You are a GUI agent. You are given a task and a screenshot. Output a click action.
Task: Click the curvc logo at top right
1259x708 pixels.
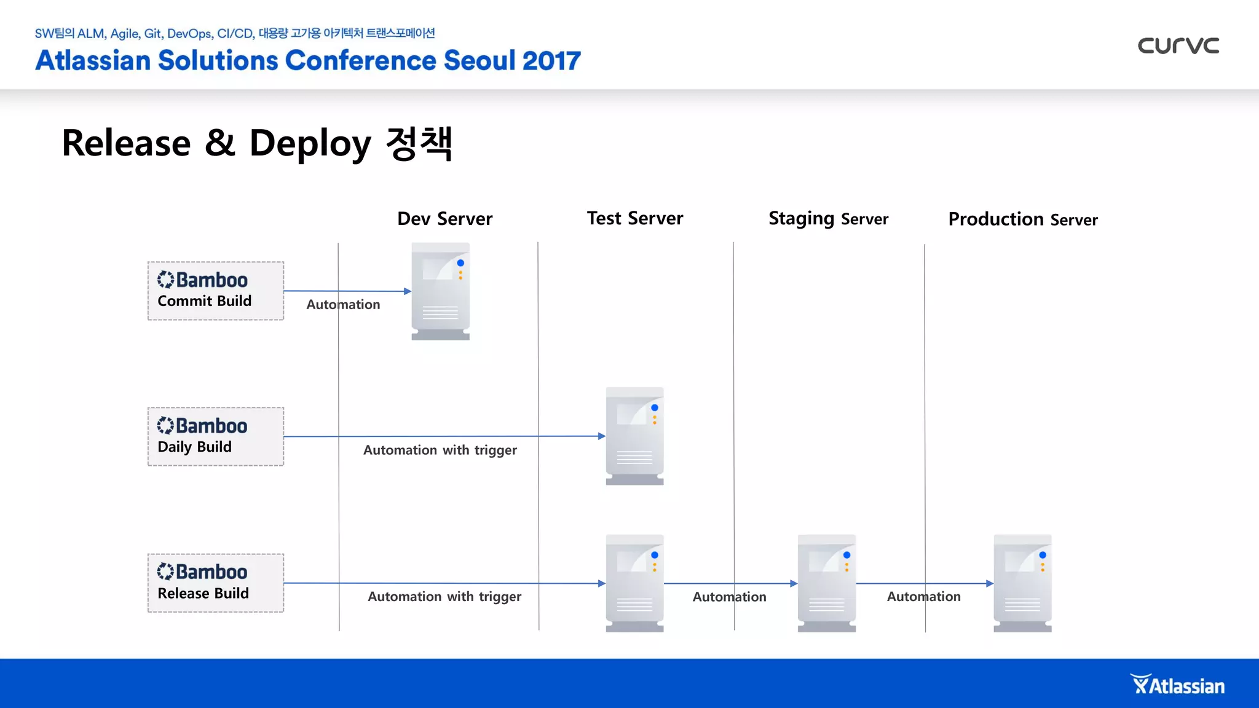tap(1178, 45)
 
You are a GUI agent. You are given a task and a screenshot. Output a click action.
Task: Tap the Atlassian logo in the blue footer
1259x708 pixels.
tap(1177, 685)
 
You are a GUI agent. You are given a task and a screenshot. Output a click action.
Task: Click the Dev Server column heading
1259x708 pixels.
tap(444, 219)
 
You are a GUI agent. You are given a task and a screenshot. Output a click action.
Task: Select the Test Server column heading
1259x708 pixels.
tap(634, 218)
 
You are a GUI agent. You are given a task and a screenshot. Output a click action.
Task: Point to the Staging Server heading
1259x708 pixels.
tap(827, 219)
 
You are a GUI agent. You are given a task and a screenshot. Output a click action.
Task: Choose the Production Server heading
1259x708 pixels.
tap(1022, 219)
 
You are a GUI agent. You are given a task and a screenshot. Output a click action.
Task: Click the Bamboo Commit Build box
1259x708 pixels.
tap(215, 291)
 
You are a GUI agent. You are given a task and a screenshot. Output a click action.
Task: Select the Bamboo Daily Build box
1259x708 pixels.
tap(215, 436)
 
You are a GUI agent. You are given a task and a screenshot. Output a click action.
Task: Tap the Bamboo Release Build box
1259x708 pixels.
tap(215, 583)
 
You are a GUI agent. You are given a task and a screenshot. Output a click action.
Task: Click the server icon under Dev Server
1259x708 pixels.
tap(440, 291)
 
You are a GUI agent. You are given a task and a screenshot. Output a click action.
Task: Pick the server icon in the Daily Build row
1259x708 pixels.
tap(634, 436)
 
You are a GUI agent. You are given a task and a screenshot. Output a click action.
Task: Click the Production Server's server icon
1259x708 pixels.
tap(1022, 583)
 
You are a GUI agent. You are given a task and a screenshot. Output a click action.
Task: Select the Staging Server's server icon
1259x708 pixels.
tap(826, 583)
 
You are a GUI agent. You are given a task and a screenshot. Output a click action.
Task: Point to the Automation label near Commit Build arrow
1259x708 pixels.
tap(343, 304)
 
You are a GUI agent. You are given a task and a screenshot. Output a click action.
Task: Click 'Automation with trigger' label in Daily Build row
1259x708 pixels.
tap(440, 450)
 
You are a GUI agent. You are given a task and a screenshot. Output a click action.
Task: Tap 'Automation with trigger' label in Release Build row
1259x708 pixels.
tap(444, 596)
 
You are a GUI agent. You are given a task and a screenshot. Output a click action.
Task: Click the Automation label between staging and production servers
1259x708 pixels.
tap(923, 596)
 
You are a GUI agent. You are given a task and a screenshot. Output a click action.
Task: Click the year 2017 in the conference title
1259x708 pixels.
tap(551, 60)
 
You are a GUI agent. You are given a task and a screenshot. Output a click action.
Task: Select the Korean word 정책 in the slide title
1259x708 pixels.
tap(419, 143)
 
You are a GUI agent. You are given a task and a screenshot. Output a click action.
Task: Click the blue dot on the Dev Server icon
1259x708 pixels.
tap(460, 263)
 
